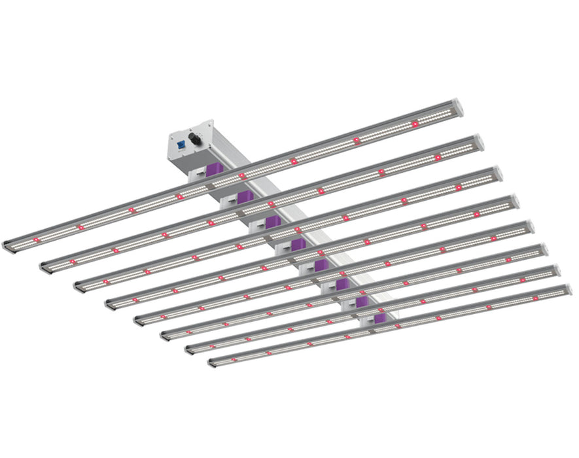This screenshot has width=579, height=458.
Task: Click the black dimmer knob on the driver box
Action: pyautogui.click(x=194, y=139)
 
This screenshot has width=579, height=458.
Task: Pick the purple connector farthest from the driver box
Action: pyautogui.click(x=380, y=318)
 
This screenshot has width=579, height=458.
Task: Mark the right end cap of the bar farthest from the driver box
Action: pyautogui.click(x=567, y=290)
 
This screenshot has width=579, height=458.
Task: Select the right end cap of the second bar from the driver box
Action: pyautogui.click(x=478, y=142)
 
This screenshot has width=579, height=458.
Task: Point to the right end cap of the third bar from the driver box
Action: pyautogui.click(x=497, y=173)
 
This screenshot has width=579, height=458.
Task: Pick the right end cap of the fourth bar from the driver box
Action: pyautogui.click(x=514, y=202)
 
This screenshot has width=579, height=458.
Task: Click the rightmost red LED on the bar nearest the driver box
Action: pyautogui.click(x=414, y=124)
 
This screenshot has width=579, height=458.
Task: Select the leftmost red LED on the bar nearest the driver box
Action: pyautogui.click(x=37, y=240)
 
